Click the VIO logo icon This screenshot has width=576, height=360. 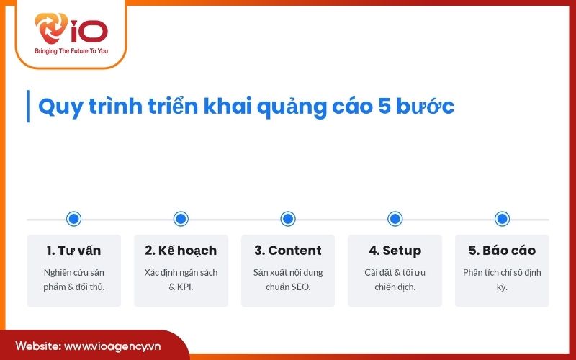(x=53, y=31)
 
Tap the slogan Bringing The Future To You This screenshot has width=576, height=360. (x=71, y=52)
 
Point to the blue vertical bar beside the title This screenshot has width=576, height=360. (x=27, y=106)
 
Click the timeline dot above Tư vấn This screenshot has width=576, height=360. (x=73, y=219)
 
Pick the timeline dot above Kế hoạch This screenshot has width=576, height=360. (x=181, y=219)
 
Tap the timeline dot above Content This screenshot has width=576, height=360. (x=288, y=219)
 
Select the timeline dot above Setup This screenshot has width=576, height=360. (x=395, y=219)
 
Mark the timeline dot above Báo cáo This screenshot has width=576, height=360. (x=502, y=219)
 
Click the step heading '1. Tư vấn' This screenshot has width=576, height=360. (x=73, y=251)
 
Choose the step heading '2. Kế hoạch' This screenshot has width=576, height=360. (x=181, y=251)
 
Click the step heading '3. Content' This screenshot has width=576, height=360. (x=288, y=251)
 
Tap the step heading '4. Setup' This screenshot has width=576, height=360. (x=395, y=251)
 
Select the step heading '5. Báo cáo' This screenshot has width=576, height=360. (x=502, y=251)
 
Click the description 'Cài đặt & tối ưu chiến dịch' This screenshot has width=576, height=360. (x=395, y=279)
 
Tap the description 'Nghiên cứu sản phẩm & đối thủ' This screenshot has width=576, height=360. (x=73, y=279)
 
